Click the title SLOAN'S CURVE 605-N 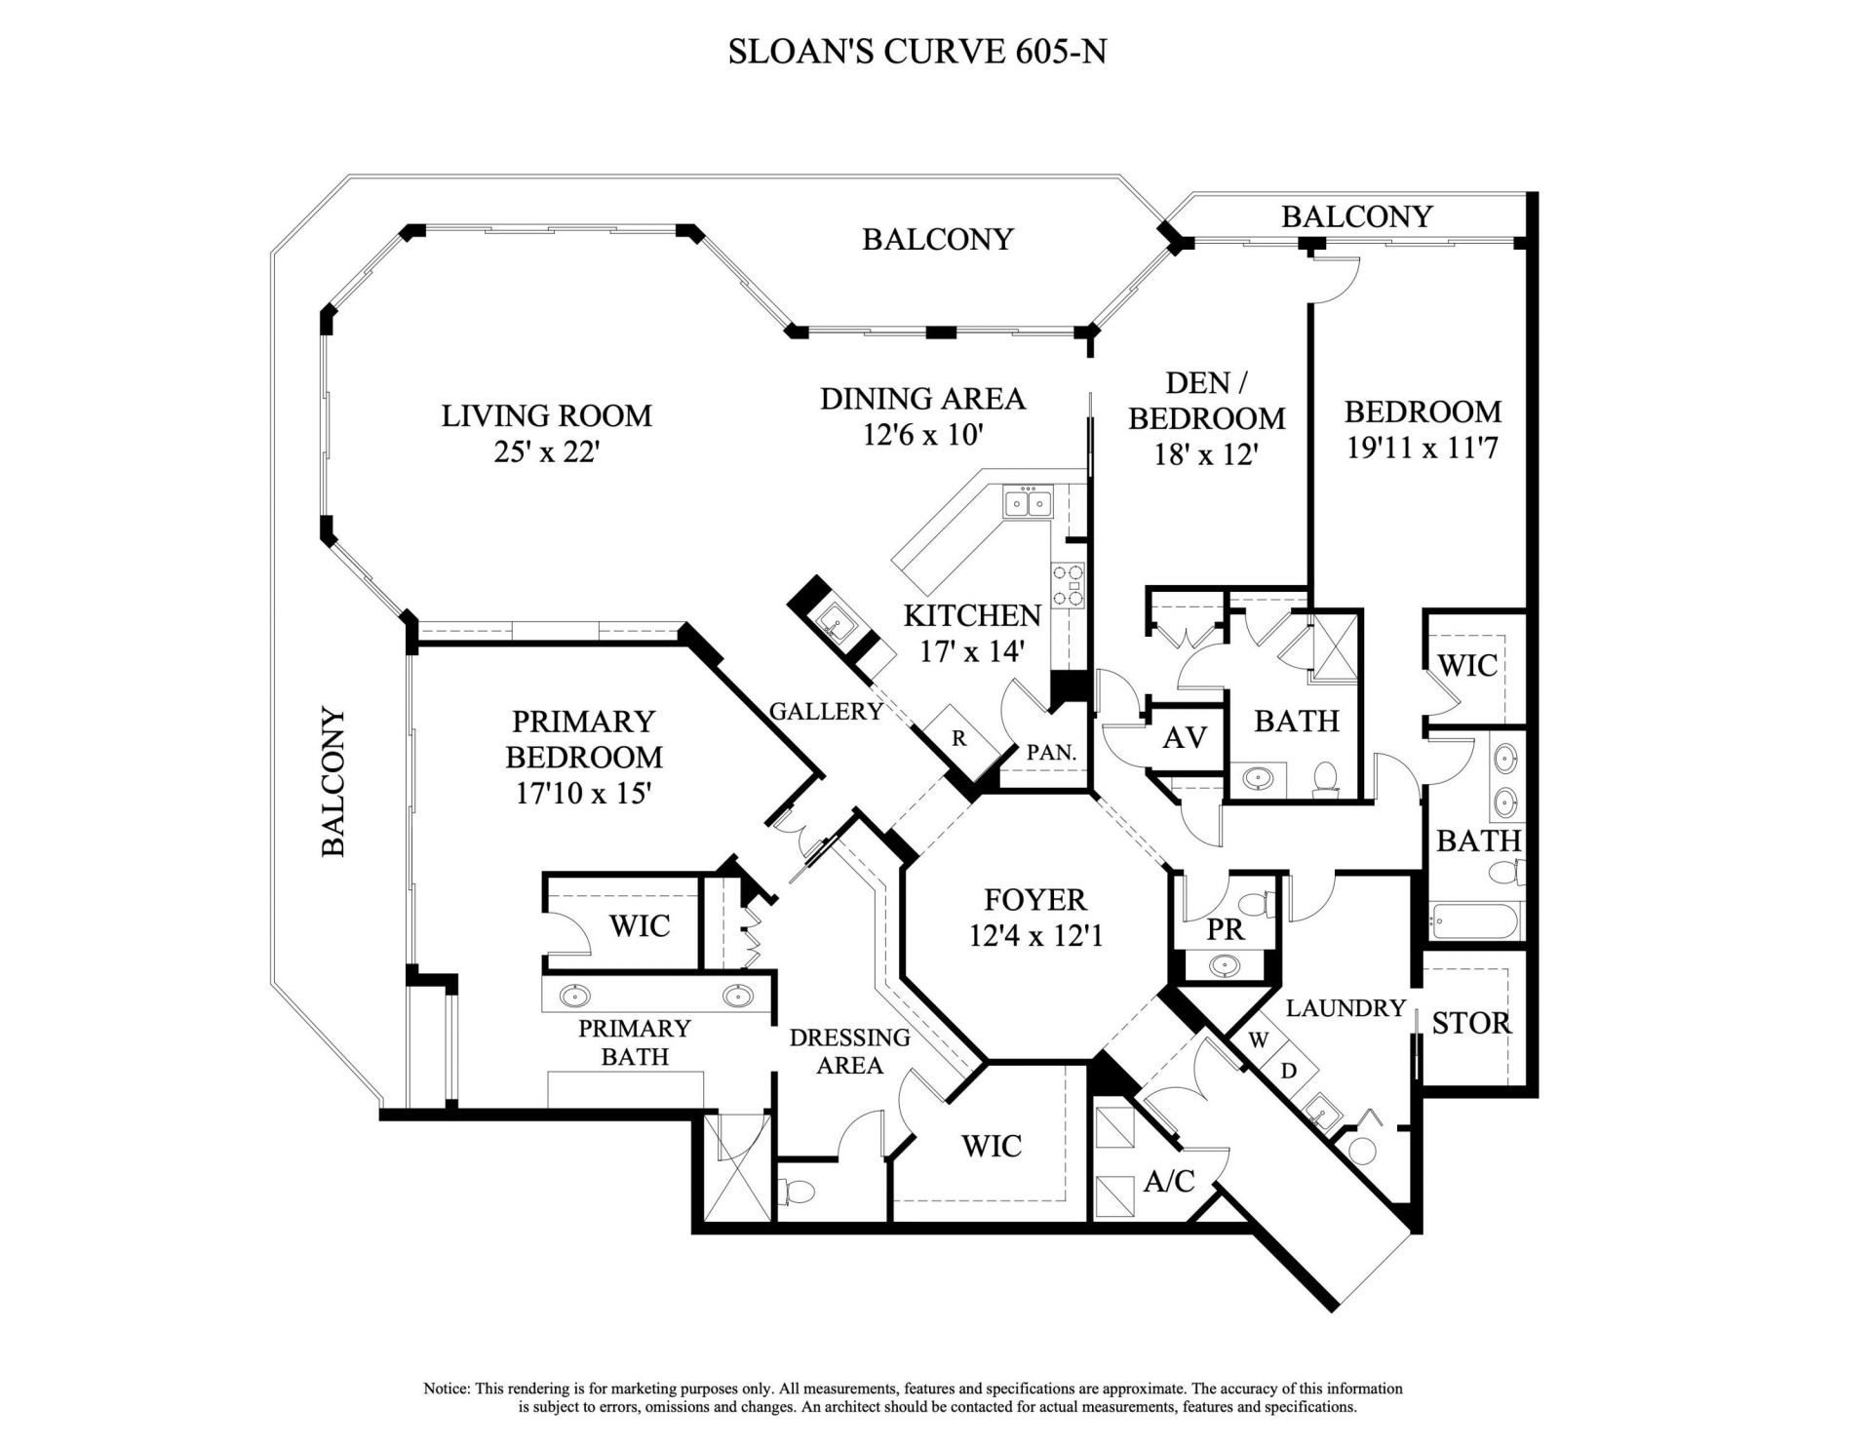(x=916, y=52)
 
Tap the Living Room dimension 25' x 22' (x=545, y=453)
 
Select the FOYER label (x=1034, y=899)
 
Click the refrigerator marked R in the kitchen (x=959, y=738)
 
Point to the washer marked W (x=1258, y=1040)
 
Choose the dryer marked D (x=1288, y=1071)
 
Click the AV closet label (x=1185, y=738)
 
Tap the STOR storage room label (x=1470, y=1023)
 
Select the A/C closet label (x=1168, y=1182)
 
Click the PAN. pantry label (x=1051, y=753)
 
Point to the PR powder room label (x=1225, y=929)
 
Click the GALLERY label (x=826, y=712)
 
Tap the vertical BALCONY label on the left (x=334, y=783)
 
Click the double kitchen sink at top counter (x=1028, y=504)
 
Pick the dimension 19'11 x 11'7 (x=1422, y=449)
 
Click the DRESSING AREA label (x=849, y=1051)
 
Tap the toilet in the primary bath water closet (x=798, y=1193)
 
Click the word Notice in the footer (x=446, y=1388)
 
